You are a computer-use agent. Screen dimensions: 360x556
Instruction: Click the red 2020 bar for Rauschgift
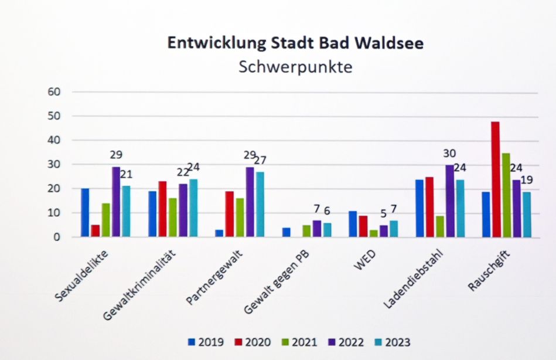pyautogui.click(x=495, y=179)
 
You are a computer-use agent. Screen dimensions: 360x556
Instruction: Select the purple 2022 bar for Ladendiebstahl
pyautogui.click(x=449, y=201)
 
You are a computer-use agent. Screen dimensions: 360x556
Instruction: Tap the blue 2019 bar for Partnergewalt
pyautogui.click(x=219, y=233)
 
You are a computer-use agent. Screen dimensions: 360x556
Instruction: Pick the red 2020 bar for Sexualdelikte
pyautogui.click(x=95, y=231)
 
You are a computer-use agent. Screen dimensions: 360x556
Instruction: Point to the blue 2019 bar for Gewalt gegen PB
pyautogui.click(x=286, y=232)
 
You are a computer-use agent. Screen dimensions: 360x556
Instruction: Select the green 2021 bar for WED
pyautogui.click(x=373, y=233)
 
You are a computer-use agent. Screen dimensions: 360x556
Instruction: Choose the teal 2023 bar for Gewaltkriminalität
pyautogui.click(x=193, y=208)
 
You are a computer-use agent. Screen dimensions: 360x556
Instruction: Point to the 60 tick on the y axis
pyautogui.click(x=54, y=91)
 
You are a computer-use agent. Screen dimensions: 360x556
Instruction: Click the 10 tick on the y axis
pyautogui.click(x=54, y=213)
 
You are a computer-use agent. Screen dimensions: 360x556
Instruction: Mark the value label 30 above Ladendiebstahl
pyautogui.click(x=449, y=153)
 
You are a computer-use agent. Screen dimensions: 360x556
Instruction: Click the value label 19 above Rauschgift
pyautogui.click(x=526, y=181)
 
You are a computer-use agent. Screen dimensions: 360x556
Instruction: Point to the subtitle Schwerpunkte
pyautogui.click(x=296, y=67)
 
